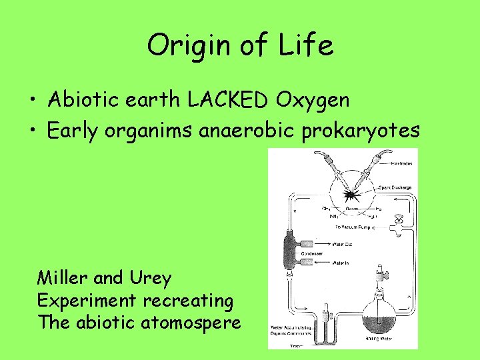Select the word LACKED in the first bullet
click(227, 100)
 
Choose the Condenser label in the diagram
click(331, 253)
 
